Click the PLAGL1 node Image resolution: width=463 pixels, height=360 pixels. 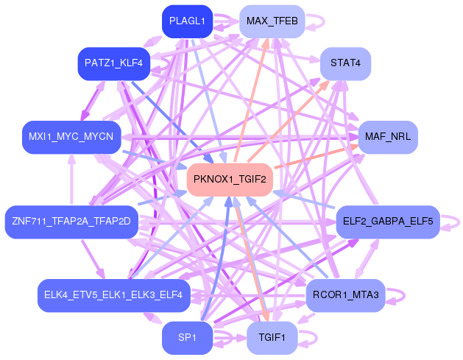pos(187,21)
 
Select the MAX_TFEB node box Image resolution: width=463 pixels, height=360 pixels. pos(272,21)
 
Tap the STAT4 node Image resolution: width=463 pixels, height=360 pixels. pos(345,63)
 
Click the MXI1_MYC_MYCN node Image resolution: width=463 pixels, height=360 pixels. pos(71,137)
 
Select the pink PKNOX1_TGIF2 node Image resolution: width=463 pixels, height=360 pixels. pos(230,179)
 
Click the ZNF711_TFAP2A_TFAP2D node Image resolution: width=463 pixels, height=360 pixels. pos(71,222)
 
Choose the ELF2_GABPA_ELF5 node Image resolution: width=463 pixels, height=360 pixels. pos(388,221)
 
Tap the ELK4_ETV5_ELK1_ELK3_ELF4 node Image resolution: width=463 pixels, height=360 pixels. pos(114,295)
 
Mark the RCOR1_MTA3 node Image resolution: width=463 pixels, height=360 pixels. pos(345,295)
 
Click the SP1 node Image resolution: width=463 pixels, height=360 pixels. pos(187,338)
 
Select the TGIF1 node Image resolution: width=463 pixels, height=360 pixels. pos(272,338)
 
